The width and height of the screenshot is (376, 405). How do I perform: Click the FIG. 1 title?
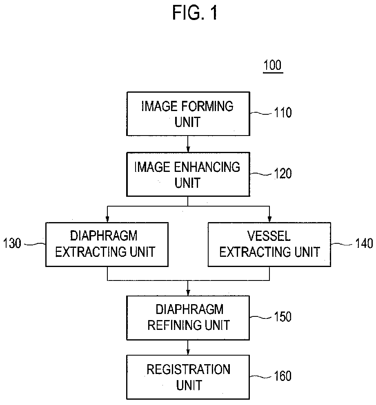pyautogui.click(x=195, y=13)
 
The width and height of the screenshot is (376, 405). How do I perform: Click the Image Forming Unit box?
pyautogui.click(x=188, y=113)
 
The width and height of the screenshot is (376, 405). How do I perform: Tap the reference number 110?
pyautogui.click(x=283, y=113)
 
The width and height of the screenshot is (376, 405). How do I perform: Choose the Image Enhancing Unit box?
pyautogui.click(x=188, y=174)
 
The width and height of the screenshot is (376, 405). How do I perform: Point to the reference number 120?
pyautogui.click(x=283, y=174)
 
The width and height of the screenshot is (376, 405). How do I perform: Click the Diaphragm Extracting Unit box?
pyautogui.click(x=107, y=244)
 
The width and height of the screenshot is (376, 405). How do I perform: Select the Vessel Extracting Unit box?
pyautogui.click(x=269, y=244)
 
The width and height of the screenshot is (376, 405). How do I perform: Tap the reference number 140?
pyautogui.click(x=364, y=244)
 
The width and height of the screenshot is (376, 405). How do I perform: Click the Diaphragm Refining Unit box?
pyautogui.click(x=188, y=317)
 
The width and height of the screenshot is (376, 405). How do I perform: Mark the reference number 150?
pyautogui.click(x=283, y=316)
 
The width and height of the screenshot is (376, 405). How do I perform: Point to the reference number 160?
pyautogui.click(x=283, y=376)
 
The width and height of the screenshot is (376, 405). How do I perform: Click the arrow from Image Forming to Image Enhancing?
pyautogui.click(x=188, y=144)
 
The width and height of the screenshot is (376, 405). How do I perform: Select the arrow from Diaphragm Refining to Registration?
pyautogui.click(x=188, y=347)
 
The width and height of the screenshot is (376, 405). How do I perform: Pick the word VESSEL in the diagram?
pyautogui.click(x=269, y=236)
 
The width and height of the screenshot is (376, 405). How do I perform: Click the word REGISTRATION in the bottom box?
pyautogui.click(x=188, y=369)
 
